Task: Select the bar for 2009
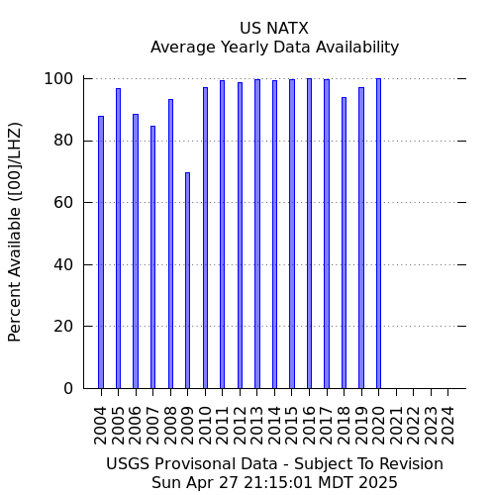click(x=187, y=280)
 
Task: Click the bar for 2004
click(x=101, y=252)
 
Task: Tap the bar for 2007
click(x=152, y=257)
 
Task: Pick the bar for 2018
click(x=344, y=243)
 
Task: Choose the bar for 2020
click(x=378, y=234)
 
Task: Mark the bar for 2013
click(x=257, y=234)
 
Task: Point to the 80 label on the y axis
click(x=63, y=141)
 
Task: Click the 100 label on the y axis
click(x=58, y=79)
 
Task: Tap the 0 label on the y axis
click(x=68, y=388)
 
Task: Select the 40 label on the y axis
click(x=63, y=264)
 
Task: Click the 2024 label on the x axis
click(x=447, y=426)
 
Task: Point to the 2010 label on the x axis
click(x=205, y=426)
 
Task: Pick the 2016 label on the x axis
click(x=309, y=426)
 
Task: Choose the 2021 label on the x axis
click(x=396, y=426)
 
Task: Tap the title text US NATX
click(x=274, y=28)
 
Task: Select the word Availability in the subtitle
click(x=357, y=48)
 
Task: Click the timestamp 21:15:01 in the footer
click(x=278, y=483)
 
